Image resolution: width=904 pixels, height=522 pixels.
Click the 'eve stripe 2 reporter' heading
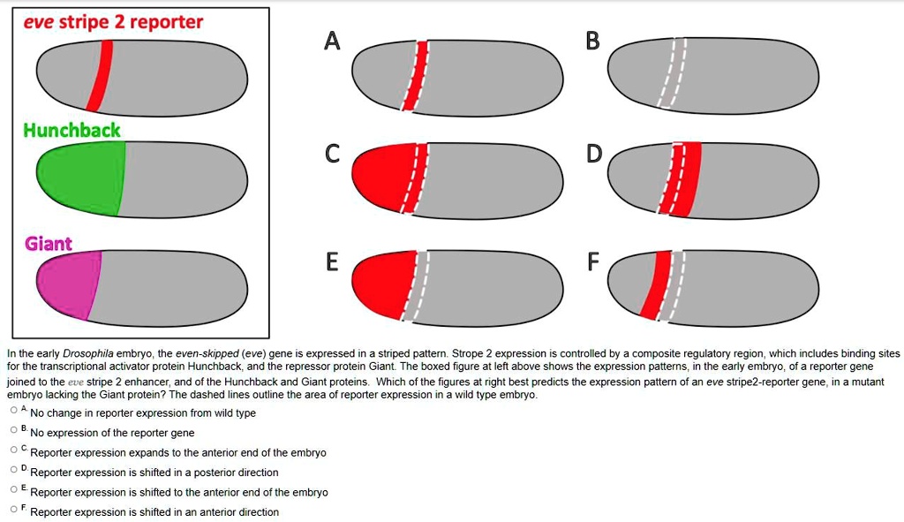(x=113, y=21)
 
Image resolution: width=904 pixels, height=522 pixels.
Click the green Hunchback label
(x=72, y=130)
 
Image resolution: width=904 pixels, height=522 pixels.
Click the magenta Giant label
(x=49, y=243)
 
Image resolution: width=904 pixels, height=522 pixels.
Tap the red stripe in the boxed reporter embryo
(x=104, y=77)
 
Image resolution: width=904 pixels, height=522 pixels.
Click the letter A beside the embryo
(x=331, y=41)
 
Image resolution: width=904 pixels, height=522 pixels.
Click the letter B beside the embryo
(x=592, y=41)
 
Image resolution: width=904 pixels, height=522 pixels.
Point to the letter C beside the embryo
(x=331, y=155)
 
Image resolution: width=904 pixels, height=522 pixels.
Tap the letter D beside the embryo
(x=594, y=155)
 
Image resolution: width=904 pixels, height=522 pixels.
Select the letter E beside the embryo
(x=332, y=262)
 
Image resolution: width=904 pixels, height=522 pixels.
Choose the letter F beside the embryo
(x=593, y=262)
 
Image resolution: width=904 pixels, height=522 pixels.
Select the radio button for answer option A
(x=13, y=411)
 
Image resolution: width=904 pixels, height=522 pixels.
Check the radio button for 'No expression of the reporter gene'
(x=13, y=430)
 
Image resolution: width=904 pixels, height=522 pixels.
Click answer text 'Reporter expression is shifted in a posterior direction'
(x=154, y=473)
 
